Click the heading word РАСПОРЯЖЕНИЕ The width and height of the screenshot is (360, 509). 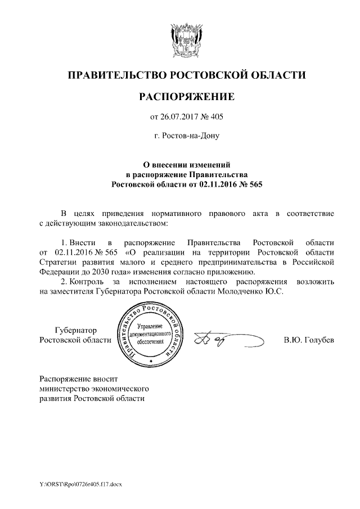[x=186, y=97]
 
